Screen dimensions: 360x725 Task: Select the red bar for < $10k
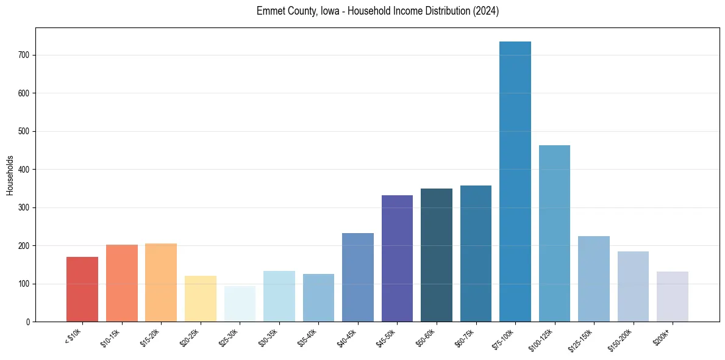pyautogui.click(x=82, y=289)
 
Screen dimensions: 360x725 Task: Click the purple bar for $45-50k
pyautogui.click(x=397, y=259)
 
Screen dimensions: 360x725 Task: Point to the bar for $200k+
pyautogui.click(x=672, y=297)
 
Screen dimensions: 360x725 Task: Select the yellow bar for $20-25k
pyautogui.click(x=201, y=299)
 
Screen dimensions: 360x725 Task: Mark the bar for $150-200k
pyautogui.click(x=633, y=287)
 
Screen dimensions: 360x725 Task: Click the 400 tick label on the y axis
pyautogui.click(x=24, y=170)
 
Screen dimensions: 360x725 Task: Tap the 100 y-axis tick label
pyautogui.click(x=24, y=284)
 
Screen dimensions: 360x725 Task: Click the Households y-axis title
pyautogui.click(x=10, y=175)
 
